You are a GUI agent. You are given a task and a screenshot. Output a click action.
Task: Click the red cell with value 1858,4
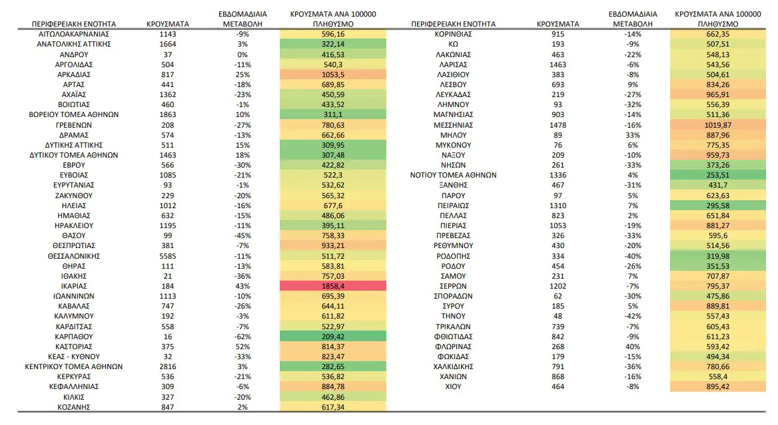(333, 286)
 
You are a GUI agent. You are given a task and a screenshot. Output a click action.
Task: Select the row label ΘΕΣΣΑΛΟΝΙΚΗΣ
(74, 255)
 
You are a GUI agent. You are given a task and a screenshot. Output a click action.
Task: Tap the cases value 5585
(168, 255)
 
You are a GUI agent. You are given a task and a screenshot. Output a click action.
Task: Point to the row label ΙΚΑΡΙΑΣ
(74, 286)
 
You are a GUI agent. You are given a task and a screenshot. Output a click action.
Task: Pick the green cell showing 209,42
(333, 337)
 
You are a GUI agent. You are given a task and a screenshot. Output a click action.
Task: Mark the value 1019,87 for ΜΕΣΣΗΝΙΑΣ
(717, 125)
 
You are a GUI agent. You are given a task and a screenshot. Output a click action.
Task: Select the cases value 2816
(168, 366)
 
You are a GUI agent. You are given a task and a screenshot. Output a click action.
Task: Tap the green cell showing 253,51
(717, 176)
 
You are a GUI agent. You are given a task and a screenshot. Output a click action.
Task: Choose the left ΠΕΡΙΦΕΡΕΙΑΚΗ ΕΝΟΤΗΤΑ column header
(74, 24)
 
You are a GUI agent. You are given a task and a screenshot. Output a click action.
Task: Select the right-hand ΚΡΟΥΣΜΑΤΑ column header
(558, 24)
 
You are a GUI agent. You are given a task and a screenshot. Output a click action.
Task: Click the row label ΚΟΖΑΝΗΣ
(74, 407)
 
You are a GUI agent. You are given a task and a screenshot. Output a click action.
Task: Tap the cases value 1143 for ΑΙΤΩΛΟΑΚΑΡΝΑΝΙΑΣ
(168, 34)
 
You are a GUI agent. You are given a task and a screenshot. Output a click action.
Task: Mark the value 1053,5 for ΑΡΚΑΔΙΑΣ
(333, 74)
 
